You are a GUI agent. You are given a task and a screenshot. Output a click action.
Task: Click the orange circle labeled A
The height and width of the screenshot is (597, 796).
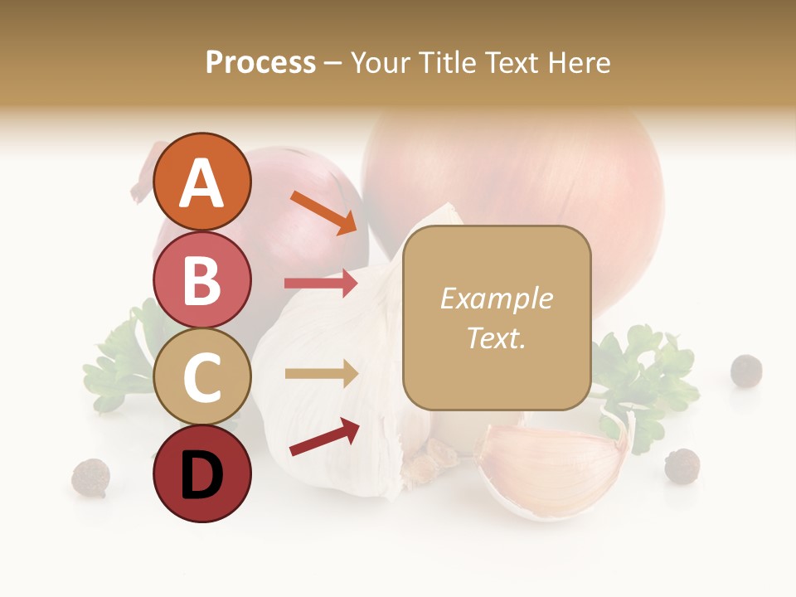coord(201,182)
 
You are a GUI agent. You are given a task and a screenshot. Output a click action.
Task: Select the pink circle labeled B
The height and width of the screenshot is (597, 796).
coord(201,280)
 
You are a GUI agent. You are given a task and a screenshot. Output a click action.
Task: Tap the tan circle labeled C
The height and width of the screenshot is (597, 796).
coord(201,377)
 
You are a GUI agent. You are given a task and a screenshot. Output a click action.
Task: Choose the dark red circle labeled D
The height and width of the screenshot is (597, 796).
coord(201,474)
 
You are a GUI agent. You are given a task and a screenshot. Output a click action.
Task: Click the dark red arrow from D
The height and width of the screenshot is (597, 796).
coord(324,437)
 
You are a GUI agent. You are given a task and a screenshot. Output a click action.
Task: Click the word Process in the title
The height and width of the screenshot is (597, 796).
coord(260,62)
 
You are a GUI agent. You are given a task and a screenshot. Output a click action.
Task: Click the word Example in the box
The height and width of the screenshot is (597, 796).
coord(496,298)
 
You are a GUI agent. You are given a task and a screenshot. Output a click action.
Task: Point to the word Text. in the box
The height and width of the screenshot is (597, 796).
coord(496,338)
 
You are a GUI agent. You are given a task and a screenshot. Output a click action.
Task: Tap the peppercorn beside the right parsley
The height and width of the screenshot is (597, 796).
coord(745,370)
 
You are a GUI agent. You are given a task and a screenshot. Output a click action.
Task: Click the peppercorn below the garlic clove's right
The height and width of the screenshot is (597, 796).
coord(682,465)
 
